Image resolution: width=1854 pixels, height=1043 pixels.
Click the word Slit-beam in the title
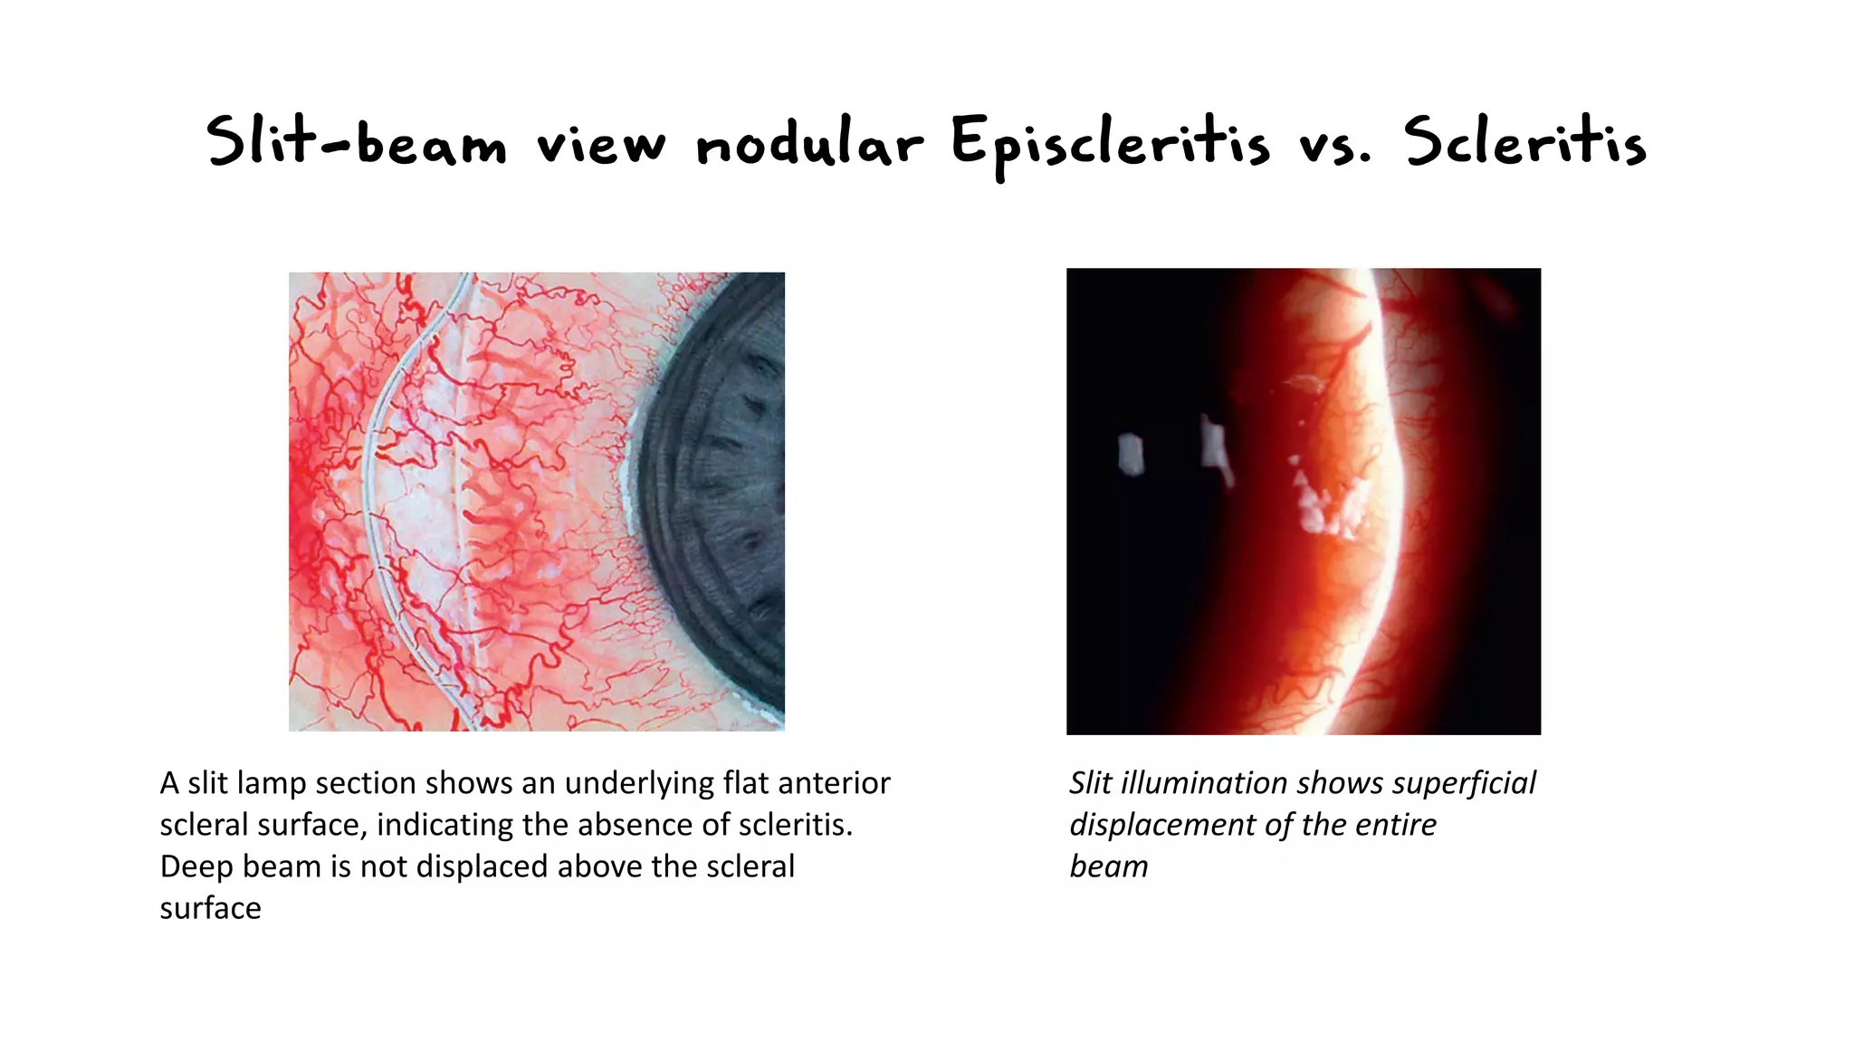coord(356,143)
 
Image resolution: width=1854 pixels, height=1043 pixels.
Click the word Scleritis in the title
coord(1525,143)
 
